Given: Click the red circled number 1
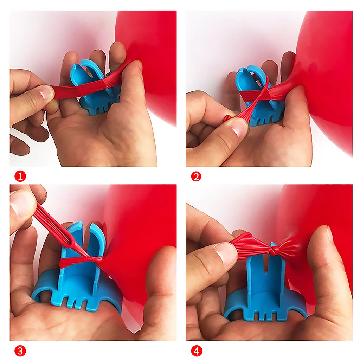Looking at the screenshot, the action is pyautogui.click(x=20, y=176).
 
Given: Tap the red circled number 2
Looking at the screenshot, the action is pyautogui.click(x=196, y=176).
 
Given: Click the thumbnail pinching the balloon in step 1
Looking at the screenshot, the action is pyautogui.click(x=47, y=92).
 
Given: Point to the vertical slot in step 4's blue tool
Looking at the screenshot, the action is pyautogui.click(x=266, y=264).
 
